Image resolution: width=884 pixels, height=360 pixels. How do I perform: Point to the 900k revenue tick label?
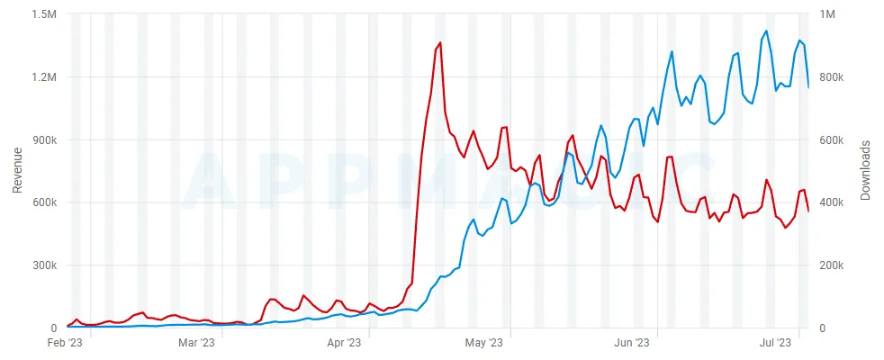click(x=44, y=140)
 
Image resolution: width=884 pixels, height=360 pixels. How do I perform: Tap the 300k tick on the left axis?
click(x=44, y=266)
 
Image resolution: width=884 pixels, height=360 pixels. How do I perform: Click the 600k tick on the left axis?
click(x=44, y=203)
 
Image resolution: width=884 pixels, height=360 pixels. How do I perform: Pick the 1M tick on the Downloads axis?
click(x=833, y=14)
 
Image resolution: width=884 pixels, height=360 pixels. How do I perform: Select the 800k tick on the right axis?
click(x=836, y=77)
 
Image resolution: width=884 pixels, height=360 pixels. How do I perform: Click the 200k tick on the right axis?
click(x=836, y=266)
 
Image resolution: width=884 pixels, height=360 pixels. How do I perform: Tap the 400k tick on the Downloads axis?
click(x=836, y=203)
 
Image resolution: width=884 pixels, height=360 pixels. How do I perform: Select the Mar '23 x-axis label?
click(x=197, y=343)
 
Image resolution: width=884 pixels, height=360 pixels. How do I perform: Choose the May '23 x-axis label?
click(x=484, y=343)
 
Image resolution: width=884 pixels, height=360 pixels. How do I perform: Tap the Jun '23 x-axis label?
click(x=631, y=343)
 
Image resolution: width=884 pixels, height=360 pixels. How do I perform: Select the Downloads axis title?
click(x=865, y=171)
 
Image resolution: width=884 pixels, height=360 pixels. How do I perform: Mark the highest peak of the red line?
click(x=439, y=42)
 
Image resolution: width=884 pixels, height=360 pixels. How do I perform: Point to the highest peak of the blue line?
click(x=766, y=31)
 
